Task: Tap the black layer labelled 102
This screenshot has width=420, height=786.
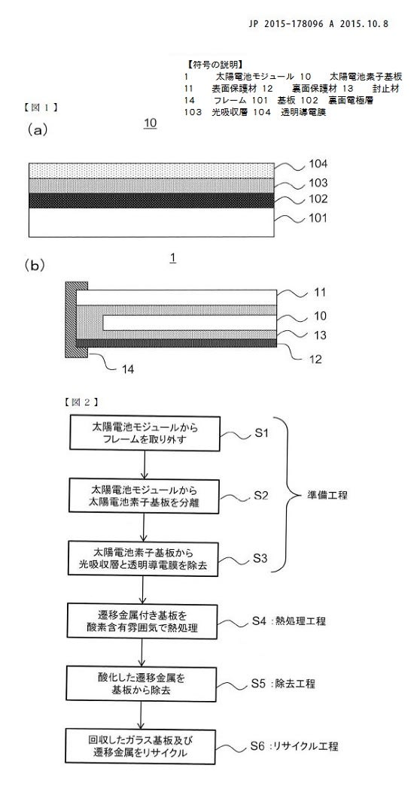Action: pyautogui.click(x=152, y=201)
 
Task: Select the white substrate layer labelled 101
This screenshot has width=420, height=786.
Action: pyautogui.click(x=152, y=223)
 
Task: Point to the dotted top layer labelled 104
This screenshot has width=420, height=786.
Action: pyautogui.click(x=152, y=170)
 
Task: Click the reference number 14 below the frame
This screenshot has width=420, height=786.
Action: pyautogui.click(x=129, y=370)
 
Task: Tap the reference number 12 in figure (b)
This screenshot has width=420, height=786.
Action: pyautogui.click(x=315, y=359)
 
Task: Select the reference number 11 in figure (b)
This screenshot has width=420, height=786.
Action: pyautogui.click(x=320, y=293)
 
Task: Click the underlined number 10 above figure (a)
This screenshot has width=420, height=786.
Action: pyautogui.click(x=150, y=123)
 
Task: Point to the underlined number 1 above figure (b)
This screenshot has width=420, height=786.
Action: pyautogui.click(x=172, y=259)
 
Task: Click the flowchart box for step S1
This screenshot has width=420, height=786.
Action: pyautogui.click(x=145, y=433)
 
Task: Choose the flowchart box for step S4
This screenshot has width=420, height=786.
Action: pyautogui.click(x=145, y=621)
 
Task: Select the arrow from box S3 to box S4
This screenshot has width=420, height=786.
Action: pyautogui.click(x=145, y=590)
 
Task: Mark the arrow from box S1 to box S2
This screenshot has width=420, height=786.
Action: pyautogui.click(x=145, y=465)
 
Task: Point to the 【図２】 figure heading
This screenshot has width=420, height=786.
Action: pyautogui.click(x=81, y=402)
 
